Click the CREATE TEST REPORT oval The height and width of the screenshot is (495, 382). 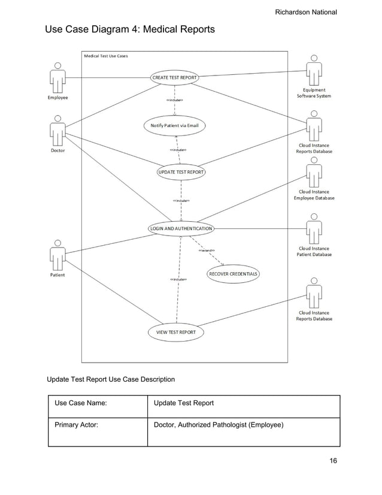click(174, 77)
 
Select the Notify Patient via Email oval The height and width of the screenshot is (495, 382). click(174, 126)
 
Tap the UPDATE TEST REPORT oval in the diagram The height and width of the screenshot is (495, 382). click(181, 172)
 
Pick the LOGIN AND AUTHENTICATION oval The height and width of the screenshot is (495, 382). click(180, 228)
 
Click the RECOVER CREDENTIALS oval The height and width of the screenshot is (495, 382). click(233, 274)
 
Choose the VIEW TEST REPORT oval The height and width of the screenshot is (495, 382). click(176, 332)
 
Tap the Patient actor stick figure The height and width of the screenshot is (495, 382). click(57, 255)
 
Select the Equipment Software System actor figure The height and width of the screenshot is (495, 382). click(314, 71)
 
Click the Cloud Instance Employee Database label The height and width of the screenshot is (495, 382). click(314, 195)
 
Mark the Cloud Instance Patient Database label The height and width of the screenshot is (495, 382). click(314, 251)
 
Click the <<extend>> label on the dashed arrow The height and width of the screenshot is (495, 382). click(207, 250)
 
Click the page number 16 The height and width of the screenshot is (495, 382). click(333, 461)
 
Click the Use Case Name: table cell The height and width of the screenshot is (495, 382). click(98, 403)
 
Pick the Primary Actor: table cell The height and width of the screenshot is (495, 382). click(98, 427)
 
